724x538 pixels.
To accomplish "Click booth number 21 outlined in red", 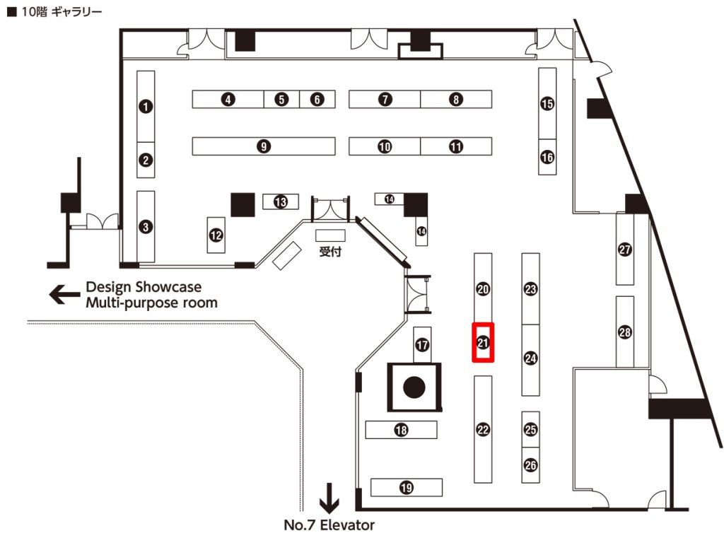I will [483, 343].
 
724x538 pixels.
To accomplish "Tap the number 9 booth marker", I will [263, 146].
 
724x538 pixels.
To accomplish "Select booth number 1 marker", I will [146, 107].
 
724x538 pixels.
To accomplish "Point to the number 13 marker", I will [281, 202].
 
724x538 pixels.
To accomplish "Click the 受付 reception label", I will [330, 252].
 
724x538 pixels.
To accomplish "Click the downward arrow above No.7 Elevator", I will [329, 498].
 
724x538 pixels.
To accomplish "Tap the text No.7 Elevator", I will [329, 525].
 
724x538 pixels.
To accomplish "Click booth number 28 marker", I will [624, 332].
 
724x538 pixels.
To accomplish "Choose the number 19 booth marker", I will [406, 487].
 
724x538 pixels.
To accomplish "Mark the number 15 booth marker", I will [547, 104].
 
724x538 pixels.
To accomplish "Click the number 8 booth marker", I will [455, 100].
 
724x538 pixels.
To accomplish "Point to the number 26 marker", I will [530, 465].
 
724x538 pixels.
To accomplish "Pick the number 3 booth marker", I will [146, 227].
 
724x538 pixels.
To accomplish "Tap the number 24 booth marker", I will [530, 358].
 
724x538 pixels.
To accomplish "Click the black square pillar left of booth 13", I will [243, 204].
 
